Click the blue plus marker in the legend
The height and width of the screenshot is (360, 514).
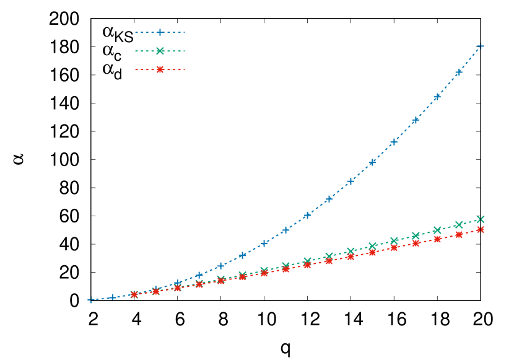pyautogui.click(x=160, y=32)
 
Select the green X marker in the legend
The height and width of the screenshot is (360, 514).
pyautogui.click(x=160, y=51)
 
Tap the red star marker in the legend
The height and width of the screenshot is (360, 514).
pyautogui.click(x=160, y=69)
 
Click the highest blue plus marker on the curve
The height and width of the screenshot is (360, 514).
pyautogui.click(x=481, y=46)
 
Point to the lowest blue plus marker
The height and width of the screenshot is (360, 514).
pyautogui.click(x=90, y=300)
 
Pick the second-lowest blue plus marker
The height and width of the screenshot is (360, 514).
pyautogui.click(x=112, y=298)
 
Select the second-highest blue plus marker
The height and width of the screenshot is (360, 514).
pyautogui.click(x=459, y=72)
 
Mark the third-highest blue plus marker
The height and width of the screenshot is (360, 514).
pyautogui.click(x=437, y=97)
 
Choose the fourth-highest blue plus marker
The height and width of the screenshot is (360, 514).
pyautogui.click(x=416, y=120)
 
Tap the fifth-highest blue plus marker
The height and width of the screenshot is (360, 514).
pyautogui.click(x=394, y=142)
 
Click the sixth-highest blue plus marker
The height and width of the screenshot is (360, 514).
pyautogui.click(x=372, y=162)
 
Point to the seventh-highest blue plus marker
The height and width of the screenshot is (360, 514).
pyautogui.click(x=351, y=182)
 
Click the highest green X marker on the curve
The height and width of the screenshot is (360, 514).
pyautogui.click(x=481, y=219)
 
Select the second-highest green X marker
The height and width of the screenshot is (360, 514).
pyautogui.click(x=459, y=225)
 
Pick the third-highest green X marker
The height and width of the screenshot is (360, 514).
pyautogui.click(x=437, y=230)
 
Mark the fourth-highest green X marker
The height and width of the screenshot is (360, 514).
pyautogui.click(x=416, y=235)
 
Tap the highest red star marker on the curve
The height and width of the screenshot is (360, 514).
pyautogui.click(x=481, y=229)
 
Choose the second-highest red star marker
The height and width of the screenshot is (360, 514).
pyautogui.click(x=459, y=235)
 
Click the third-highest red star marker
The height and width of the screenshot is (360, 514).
pyautogui.click(x=437, y=239)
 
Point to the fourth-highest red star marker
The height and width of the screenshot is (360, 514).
pyautogui.click(x=416, y=244)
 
